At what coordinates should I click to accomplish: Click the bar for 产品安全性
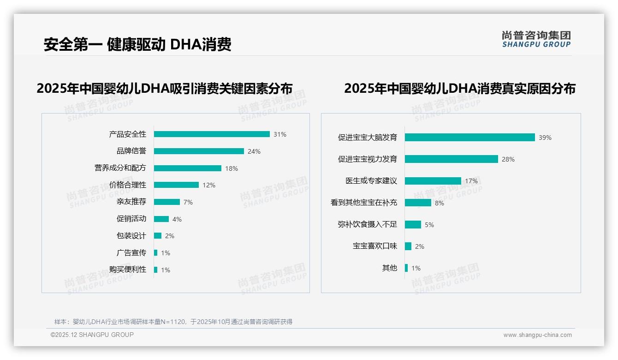212,134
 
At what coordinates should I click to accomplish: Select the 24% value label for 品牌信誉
254,151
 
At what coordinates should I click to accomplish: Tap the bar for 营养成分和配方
188,168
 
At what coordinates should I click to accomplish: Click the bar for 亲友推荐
167,202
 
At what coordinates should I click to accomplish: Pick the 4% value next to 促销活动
177,219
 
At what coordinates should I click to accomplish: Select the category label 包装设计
131,236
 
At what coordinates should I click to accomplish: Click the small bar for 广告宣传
156,253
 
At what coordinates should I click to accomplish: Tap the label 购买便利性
128,270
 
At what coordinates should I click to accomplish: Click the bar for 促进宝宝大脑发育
470,138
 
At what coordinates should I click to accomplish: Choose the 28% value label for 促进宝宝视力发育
508,159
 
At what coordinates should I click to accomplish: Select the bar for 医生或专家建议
433,181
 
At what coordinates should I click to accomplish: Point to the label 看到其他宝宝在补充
364,203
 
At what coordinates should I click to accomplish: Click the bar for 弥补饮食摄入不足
413,225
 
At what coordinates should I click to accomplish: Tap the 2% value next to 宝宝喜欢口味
420,246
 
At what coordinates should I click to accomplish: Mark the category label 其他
390,268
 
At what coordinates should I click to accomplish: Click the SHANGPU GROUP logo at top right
536,39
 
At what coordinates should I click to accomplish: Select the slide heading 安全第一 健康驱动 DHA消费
137,44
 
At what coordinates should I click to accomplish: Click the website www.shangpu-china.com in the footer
537,335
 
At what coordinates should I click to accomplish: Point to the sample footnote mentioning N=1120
173,322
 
